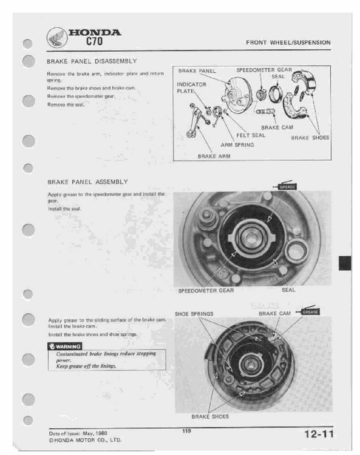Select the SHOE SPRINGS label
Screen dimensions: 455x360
(194, 314)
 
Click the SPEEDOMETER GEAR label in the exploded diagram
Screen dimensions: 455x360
(263, 70)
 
